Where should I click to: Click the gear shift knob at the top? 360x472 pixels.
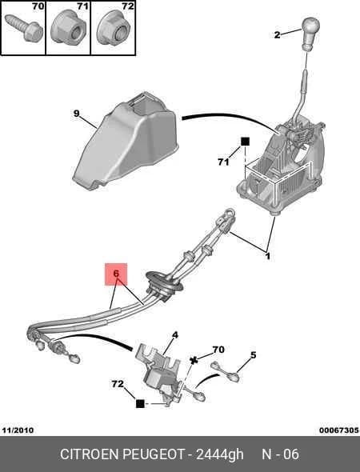pos(310,34)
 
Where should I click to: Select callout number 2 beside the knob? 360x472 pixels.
pos(278,34)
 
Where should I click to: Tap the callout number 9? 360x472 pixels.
pos(77,114)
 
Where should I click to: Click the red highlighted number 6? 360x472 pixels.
pos(116,274)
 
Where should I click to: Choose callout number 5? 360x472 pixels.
pos(254,355)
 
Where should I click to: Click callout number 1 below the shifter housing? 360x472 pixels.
pos(267,257)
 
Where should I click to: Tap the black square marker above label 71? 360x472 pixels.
pos(246,142)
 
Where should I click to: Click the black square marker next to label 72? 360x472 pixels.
pos(140,403)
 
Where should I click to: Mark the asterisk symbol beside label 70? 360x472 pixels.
pos(194,360)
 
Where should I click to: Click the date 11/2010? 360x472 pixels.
pos(18,430)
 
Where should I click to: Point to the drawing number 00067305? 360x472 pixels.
pos(339,430)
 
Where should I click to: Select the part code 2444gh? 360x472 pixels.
pos(220,454)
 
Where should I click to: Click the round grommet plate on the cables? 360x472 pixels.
pos(164,286)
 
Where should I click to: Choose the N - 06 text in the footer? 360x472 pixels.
pos(280,454)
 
